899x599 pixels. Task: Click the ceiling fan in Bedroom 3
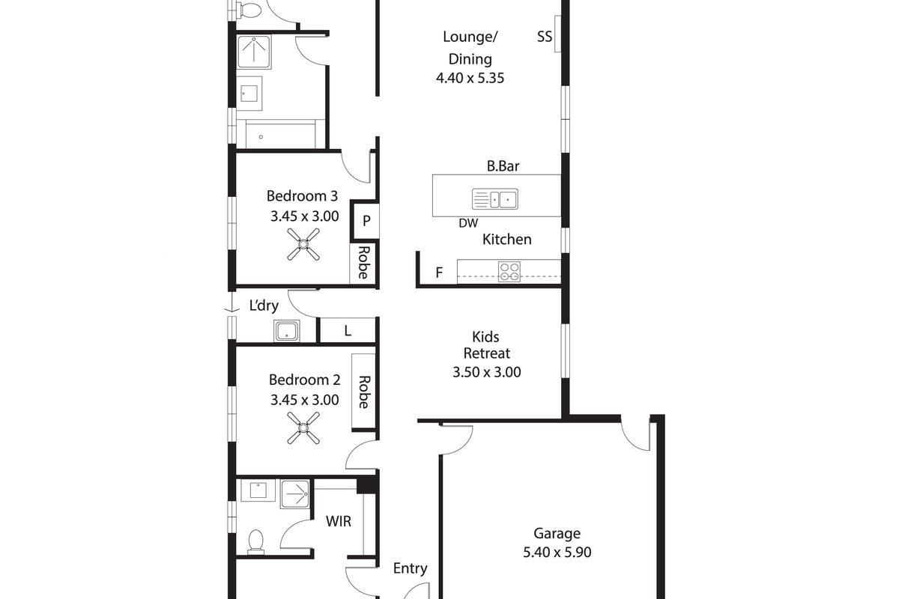pyautogui.click(x=303, y=244)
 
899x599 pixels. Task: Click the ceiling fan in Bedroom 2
pyautogui.click(x=303, y=428)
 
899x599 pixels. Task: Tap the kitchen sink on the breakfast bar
pyautogui.click(x=495, y=198)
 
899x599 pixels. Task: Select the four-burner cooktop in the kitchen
pyautogui.click(x=509, y=272)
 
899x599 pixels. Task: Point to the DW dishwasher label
pyautogui.click(x=468, y=223)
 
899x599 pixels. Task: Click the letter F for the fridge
pyautogui.click(x=439, y=273)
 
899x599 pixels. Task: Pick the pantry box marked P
pyautogui.click(x=366, y=220)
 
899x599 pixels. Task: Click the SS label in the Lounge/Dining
pyautogui.click(x=545, y=37)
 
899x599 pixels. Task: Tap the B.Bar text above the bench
pyautogui.click(x=503, y=166)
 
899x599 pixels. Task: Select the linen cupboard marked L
pyautogui.click(x=348, y=331)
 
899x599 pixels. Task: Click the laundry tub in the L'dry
pyautogui.click(x=286, y=331)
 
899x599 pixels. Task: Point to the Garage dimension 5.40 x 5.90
pyautogui.click(x=557, y=553)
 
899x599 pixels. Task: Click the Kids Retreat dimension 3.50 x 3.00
pyautogui.click(x=487, y=372)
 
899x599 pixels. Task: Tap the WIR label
pyautogui.click(x=339, y=521)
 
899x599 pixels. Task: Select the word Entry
pyautogui.click(x=411, y=569)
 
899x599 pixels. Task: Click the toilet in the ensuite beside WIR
pyautogui.click(x=255, y=541)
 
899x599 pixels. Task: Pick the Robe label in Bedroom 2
pyautogui.click(x=363, y=392)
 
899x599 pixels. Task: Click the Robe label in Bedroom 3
pyautogui.click(x=363, y=262)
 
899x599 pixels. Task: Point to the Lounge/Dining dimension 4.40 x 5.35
pyautogui.click(x=470, y=78)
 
